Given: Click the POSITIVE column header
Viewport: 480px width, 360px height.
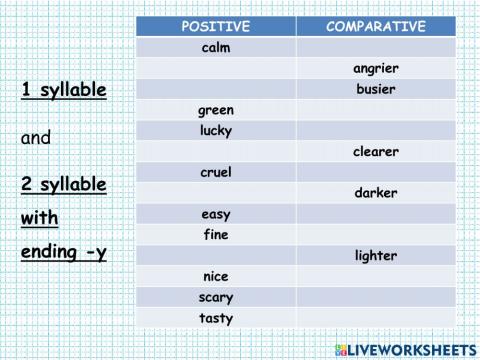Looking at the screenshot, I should [216, 26].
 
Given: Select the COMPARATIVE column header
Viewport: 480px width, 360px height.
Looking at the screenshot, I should [376, 26].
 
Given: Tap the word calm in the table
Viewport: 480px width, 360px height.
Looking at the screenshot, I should [216, 47].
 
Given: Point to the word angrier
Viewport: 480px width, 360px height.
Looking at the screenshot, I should [376, 68].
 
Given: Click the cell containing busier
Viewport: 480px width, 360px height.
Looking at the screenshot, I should [376, 89].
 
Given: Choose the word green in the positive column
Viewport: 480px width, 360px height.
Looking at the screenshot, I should [216, 110].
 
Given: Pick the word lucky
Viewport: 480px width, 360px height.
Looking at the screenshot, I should [216, 131].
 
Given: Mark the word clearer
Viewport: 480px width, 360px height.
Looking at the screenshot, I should [376, 152].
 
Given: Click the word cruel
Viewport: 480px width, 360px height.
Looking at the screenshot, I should [216, 172].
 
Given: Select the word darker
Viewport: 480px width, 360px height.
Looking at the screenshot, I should [376, 193].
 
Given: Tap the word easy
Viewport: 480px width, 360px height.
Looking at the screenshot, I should [216, 214].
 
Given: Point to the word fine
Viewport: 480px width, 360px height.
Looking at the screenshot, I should [216, 235].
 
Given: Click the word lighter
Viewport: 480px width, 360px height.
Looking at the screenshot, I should [376, 256].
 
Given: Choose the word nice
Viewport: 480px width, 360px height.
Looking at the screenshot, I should [216, 277].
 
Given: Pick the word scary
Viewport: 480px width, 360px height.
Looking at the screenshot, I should [216, 298].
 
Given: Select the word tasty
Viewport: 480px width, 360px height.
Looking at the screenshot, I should [216, 319].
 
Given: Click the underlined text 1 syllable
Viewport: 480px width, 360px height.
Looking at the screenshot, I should [63, 91].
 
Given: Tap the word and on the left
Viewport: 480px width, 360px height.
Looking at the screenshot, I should [36, 139].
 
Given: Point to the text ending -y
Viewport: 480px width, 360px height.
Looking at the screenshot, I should [63, 252].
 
